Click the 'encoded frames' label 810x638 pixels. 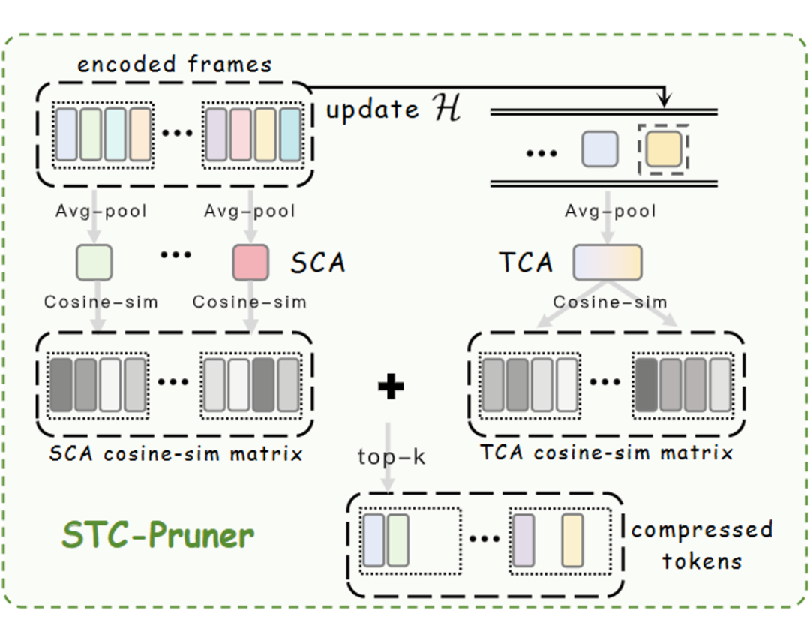(174, 64)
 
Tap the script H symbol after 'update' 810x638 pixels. (446, 109)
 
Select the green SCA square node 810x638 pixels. (94, 263)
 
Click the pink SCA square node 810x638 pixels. (250, 263)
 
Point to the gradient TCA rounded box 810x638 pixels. (607, 263)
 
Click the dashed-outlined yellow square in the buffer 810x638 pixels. (664, 149)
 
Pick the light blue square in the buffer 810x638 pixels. (600, 149)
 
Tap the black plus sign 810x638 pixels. (391, 387)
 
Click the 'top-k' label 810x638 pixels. (391, 456)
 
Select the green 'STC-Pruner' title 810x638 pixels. (158, 534)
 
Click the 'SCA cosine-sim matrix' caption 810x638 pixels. (175, 453)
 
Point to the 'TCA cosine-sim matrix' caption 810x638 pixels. (607, 453)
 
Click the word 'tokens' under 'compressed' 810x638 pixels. (702, 561)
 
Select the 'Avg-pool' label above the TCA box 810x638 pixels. (610, 211)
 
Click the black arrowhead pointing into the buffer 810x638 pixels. (664, 98)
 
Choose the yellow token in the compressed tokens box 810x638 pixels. (572, 540)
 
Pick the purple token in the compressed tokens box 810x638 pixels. (523, 540)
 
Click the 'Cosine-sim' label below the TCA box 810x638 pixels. (610, 302)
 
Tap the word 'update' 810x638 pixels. (373, 110)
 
